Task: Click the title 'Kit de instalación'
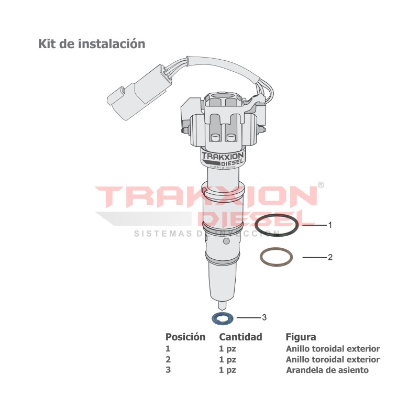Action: [x=92, y=44]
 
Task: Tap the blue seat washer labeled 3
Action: [x=223, y=317]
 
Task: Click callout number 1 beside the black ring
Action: [x=330, y=225]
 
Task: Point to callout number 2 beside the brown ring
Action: [x=330, y=257]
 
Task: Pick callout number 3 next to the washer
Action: [x=264, y=317]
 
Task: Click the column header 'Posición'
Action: [x=185, y=337]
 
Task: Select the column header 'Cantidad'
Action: [x=240, y=337]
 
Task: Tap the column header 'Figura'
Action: [x=301, y=337]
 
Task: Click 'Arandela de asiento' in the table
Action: [x=327, y=370]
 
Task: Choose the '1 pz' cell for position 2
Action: [x=228, y=359]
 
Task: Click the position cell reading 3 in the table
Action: [x=168, y=370]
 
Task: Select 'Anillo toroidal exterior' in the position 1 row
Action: [x=333, y=349]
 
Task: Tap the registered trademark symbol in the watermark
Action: [x=321, y=185]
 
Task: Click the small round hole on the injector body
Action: [x=226, y=241]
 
